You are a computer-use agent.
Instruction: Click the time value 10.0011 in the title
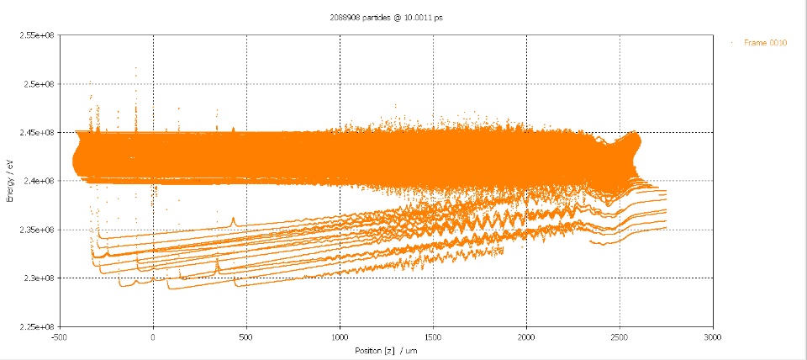click(414, 18)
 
